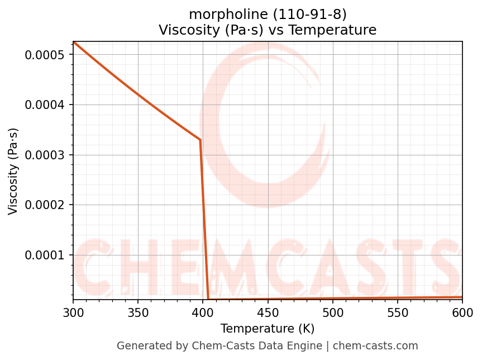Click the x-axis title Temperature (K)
[x=268, y=328]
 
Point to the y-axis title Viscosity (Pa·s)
[x=13, y=171]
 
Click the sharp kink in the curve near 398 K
[x=200, y=140]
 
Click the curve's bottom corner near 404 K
[x=208, y=299]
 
